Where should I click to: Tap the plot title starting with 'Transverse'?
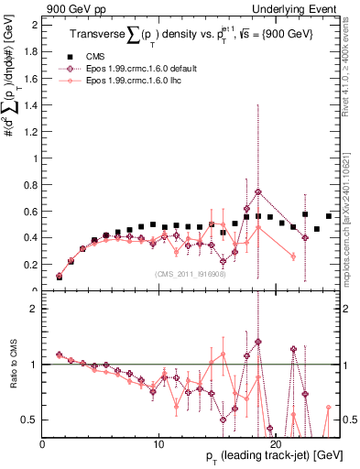pyautogui.click(x=192, y=35)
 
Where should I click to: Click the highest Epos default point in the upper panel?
pyautogui.click(x=258, y=192)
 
